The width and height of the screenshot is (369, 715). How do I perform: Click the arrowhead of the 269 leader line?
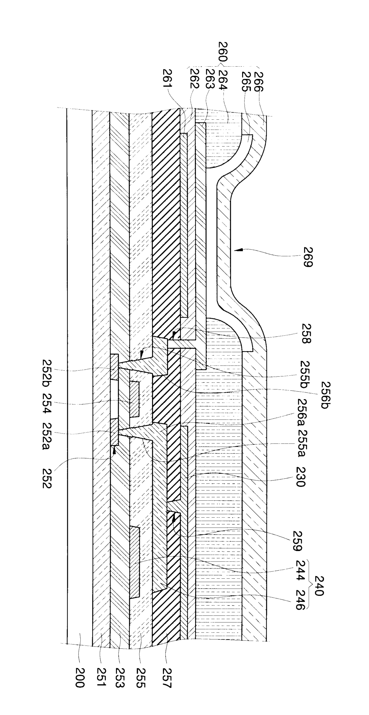[x=235, y=251]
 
